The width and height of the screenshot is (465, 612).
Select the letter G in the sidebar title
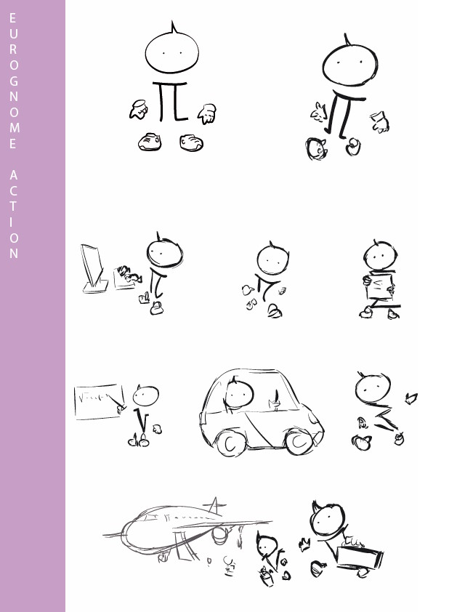tap(13, 80)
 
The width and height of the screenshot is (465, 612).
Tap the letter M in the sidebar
tap(13, 128)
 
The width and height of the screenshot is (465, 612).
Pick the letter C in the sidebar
tap(13, 190)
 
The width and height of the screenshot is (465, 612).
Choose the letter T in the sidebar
tap(13, 206)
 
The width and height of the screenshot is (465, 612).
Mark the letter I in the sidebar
tap(13, 222)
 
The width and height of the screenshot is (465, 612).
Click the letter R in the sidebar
tap(13, 48)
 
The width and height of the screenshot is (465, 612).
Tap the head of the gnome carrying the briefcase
tap(327, 521)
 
